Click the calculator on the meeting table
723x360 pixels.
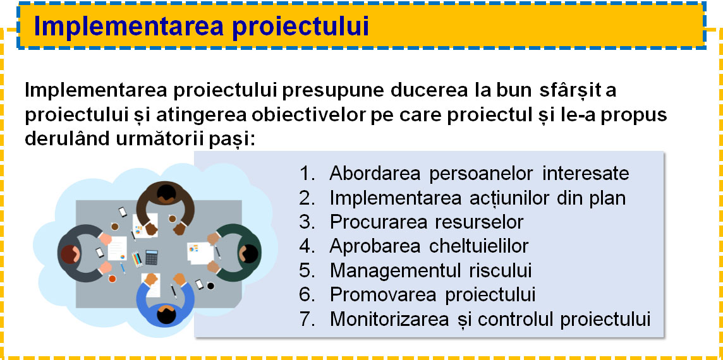coord(151,257)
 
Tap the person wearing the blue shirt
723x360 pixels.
coord(166,299)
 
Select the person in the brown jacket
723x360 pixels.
coord(166,206)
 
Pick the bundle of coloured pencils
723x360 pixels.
coord(137,259)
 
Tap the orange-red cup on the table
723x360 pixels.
coord(112,279)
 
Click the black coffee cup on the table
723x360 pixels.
coord(210,285)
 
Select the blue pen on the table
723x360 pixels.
coord(123,268)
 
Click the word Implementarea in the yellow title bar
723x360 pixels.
coord(129,27)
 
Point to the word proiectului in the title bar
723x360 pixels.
coord(300,27)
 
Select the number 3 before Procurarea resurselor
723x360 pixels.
coord(306,222)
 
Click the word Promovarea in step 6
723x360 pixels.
coord(383,295)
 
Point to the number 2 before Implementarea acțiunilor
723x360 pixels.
coord(306,198)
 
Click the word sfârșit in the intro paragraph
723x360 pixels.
coord(570,90)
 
